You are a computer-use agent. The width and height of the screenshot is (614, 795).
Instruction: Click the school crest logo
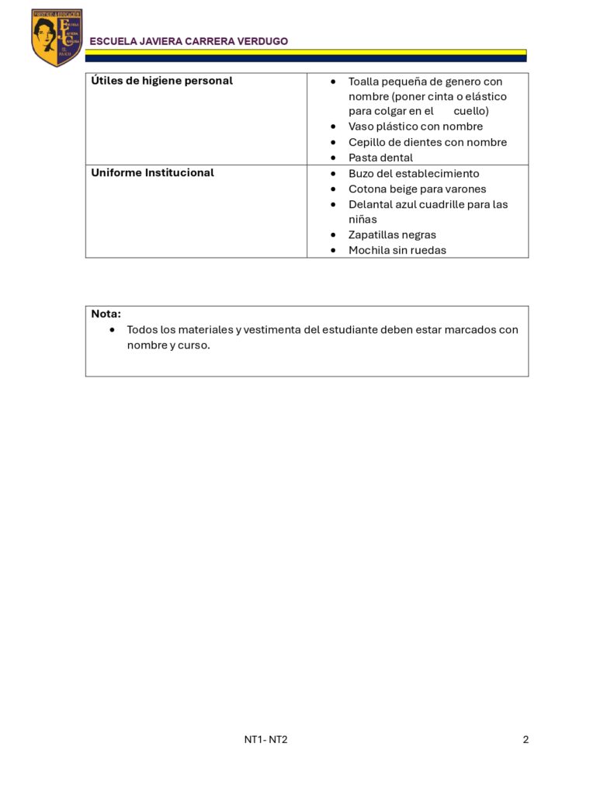coord(57,37)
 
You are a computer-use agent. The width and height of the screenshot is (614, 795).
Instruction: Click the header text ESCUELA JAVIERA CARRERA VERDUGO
coord(189,41)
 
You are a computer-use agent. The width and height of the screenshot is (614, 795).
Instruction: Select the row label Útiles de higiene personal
coord(161,81)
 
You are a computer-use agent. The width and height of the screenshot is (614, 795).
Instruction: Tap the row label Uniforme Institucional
coord(152,172)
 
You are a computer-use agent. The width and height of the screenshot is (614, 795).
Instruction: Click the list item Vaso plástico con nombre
coord(415,127)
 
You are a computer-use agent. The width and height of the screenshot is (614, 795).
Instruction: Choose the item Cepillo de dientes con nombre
coord(427,142)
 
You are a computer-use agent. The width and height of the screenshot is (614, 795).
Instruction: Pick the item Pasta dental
coord(380,158)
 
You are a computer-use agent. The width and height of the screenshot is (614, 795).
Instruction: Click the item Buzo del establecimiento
coord(414,173)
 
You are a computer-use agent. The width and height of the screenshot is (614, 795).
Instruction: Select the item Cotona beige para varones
coord(417,189)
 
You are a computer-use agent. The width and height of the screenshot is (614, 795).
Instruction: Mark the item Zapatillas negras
coord(392,234)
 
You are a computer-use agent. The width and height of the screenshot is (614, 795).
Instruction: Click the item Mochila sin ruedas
coord(397,250)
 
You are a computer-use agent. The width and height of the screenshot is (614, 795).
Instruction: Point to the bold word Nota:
coord(106,314)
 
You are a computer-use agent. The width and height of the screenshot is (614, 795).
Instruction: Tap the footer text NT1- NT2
coord(265,740)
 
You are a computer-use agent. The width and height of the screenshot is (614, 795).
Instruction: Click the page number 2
coord(526,740)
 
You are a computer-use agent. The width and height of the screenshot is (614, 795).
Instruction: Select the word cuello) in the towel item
coord(471,111)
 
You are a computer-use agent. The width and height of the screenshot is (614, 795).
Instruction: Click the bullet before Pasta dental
coord(333,158)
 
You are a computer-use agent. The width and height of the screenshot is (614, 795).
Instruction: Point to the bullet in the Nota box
coord(113,329)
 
